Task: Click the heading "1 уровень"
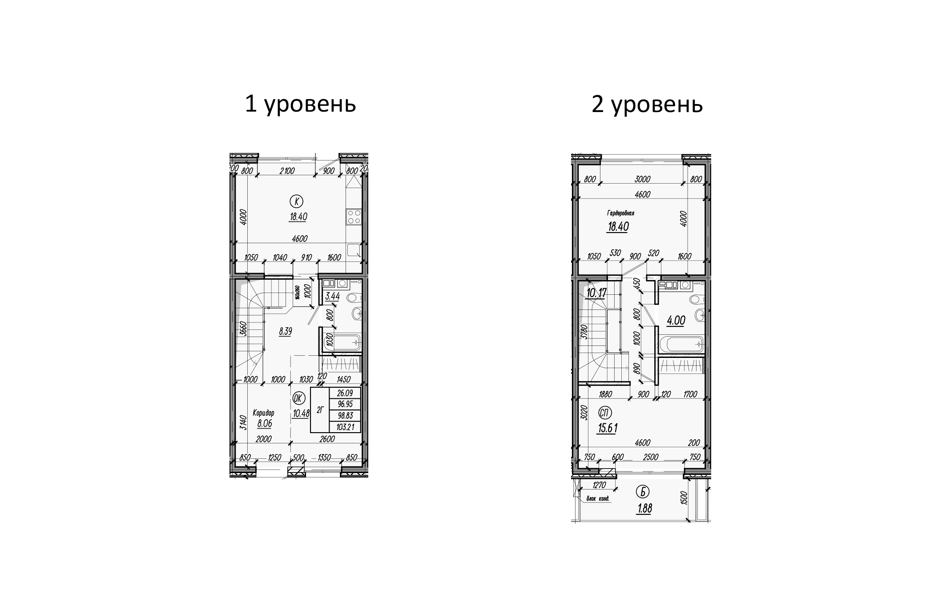click(x=300, y=105)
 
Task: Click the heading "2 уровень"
click(x=647, y=105)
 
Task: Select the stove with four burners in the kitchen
click(x=354, y=217)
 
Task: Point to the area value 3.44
click(x=332, y=297)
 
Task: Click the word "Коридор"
click(x=264, y=413)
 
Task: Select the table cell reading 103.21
click(x=345, y=427)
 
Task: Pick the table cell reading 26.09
click(x=345, y=393)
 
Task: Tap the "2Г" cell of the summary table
click(x=319, y=410)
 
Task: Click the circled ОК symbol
click(x=298, y=397)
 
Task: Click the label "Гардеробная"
click(x=620, y=213)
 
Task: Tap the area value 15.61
click(x=608, y=428)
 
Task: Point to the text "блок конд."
click(x=599, y=499)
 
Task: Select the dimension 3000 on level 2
click(x=643, y=179)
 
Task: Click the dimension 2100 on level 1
click(x=287, y=170)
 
